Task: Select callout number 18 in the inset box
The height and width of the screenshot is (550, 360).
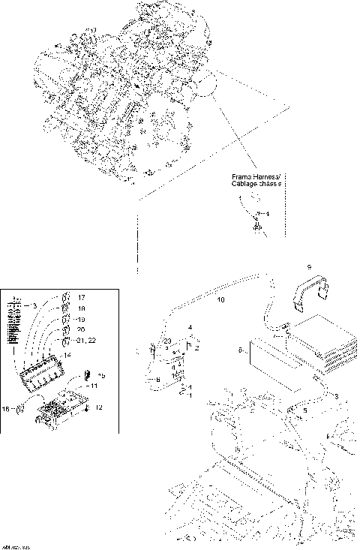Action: (81, 308)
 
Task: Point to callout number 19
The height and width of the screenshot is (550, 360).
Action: (81, 319)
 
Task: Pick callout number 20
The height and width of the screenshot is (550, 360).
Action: (81, 329)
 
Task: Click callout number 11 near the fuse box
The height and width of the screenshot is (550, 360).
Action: (94, 385)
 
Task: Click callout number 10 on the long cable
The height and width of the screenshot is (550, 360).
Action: (220, 299)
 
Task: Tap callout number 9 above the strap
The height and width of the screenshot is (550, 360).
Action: (307, 267)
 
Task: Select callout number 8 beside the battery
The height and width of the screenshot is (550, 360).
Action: (238, 350)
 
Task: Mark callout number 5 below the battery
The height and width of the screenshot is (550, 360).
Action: (304, 411)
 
